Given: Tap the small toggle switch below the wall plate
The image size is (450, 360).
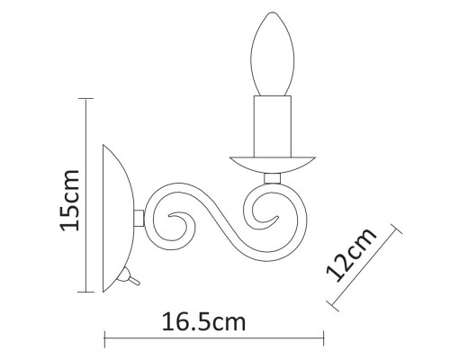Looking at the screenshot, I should pyautogui.click(x=131, y=278).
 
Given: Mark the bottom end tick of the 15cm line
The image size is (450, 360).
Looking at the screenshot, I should pyautogui.click(x=88, y=292).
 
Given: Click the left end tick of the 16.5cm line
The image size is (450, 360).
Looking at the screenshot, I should pyautogui.click(x=106, y=341).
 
